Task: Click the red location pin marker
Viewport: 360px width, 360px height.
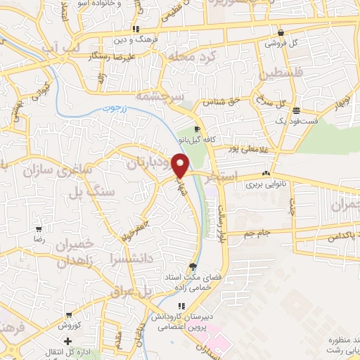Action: (181, 165)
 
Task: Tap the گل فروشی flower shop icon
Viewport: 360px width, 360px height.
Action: (281, 32)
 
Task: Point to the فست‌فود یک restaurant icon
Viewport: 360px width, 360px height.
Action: (297, 110)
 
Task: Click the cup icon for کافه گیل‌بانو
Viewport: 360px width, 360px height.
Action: (198, 129)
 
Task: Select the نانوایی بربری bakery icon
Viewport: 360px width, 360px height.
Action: (266, 174)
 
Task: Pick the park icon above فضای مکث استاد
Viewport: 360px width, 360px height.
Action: (193, 266)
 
